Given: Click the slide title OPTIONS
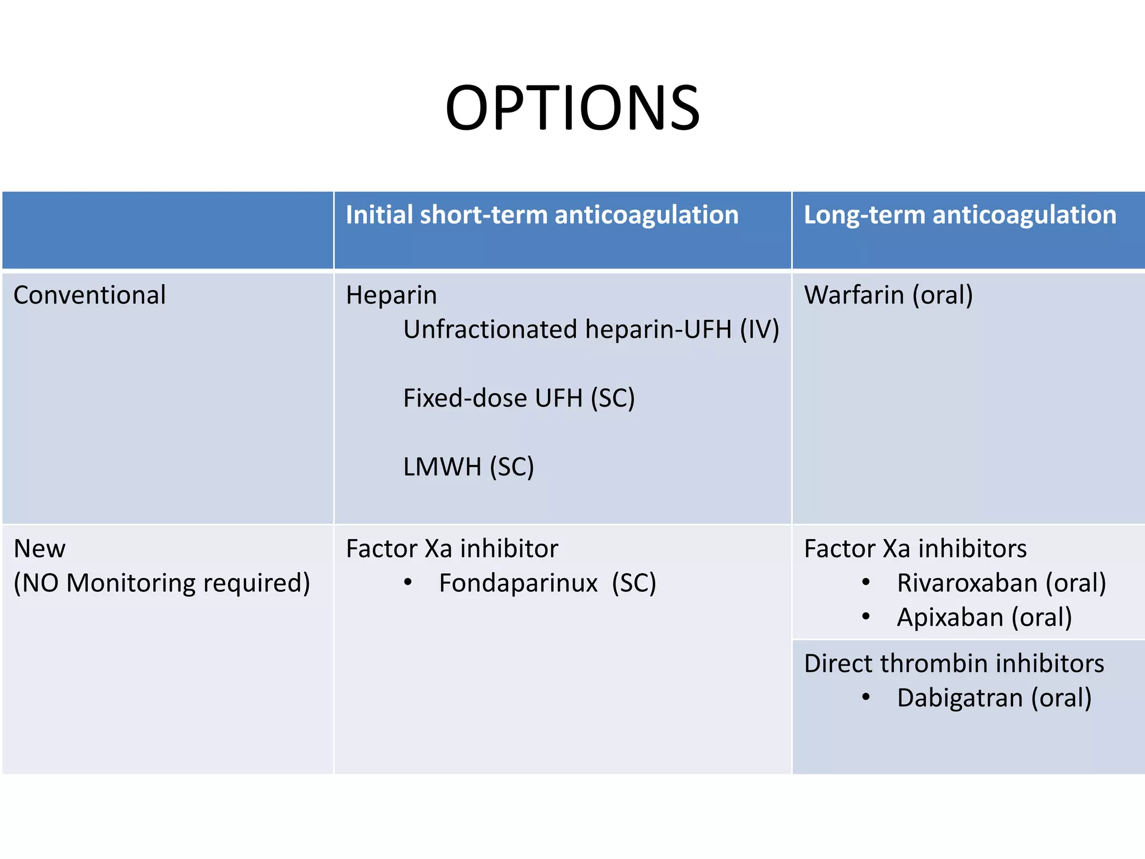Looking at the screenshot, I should (572, 108).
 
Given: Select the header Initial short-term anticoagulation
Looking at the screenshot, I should (542, 215).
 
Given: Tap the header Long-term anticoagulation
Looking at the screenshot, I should (959, 215).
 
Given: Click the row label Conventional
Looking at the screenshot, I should (89, 295).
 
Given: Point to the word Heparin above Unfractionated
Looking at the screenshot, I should (391, 295).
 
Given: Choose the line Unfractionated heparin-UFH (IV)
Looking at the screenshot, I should (591, 329).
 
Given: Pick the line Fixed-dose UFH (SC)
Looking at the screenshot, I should (519, 398).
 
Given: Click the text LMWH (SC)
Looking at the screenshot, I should (469, 467).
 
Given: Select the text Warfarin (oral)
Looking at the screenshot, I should (888, 295).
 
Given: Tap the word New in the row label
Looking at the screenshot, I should (39, 549).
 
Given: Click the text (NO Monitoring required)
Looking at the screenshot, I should (162, 583).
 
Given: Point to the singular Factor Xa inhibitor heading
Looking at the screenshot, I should (452, 549).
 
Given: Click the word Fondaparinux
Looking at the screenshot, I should (518, 583).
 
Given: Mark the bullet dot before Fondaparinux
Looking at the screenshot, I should (408, 583).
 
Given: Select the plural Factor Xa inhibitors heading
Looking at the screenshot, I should (915, 549).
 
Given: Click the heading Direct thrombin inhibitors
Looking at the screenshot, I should (954, 664).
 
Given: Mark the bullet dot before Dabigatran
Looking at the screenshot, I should (866, 697).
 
